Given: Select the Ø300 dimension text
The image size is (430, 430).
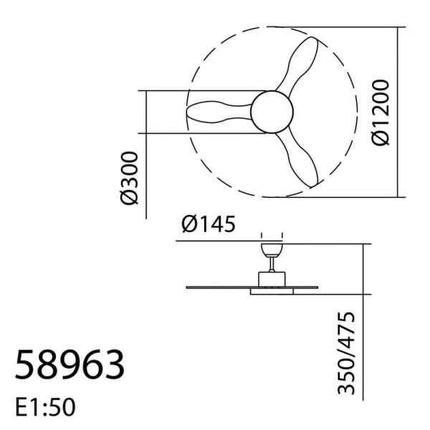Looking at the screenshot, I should click(130, 177).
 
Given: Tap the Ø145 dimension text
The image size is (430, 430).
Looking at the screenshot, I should click(208, 225).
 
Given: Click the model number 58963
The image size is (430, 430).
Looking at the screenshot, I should click(70, 366).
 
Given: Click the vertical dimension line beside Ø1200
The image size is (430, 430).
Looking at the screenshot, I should click(398, 113).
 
